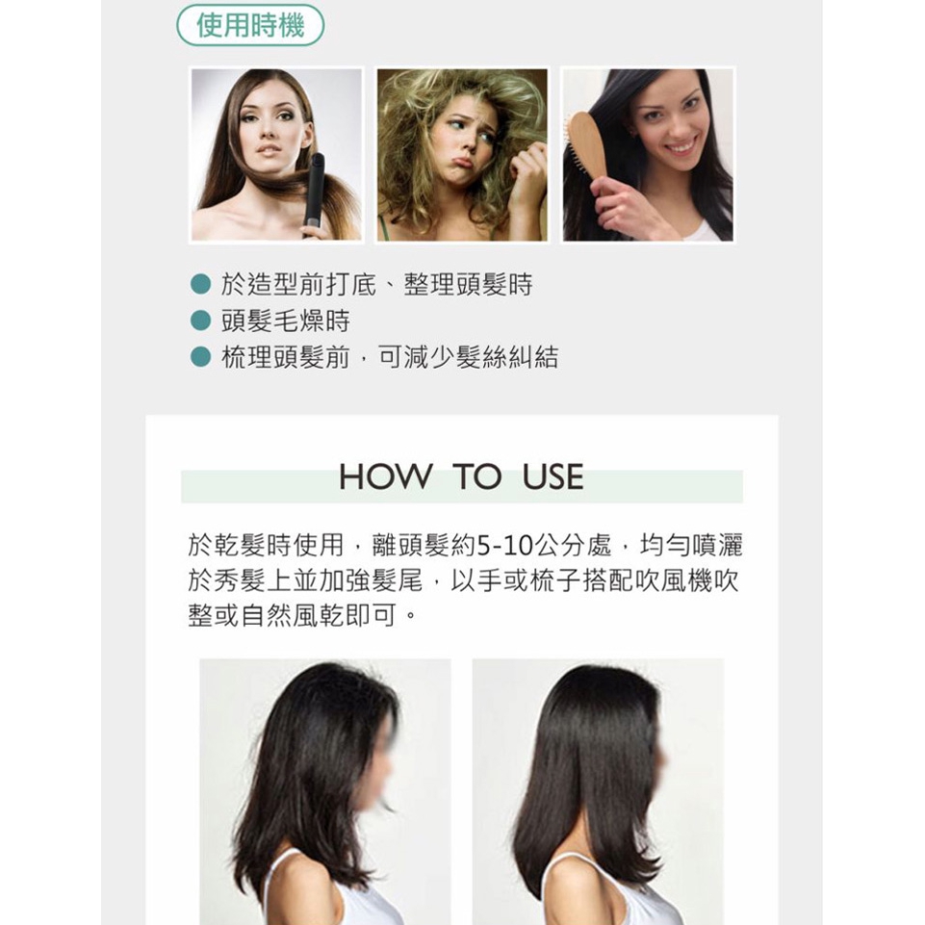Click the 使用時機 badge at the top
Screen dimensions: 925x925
(x=250, y=25)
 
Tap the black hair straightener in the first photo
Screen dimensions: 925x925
(x=315, y=195)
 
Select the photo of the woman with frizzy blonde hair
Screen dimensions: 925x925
(x=462, y=155)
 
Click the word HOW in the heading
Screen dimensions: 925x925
(x=385, y=476)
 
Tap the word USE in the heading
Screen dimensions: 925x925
(x=552, y=476)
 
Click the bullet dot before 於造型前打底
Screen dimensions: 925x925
(x=200, y=284)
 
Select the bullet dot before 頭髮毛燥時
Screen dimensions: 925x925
(x=200, y=321)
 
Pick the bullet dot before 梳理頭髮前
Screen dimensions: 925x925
(x=200, y=356)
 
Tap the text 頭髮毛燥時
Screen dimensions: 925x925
(x=286, y=321)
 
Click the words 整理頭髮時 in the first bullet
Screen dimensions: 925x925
(x=468, y=284)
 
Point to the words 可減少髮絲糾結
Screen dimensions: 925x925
(x=468, y=357)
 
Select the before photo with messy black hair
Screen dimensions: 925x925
(x=325, y=791)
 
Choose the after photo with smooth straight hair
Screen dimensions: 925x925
(x=598, y=791)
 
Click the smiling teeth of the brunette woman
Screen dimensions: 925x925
(x=681, y=146)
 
